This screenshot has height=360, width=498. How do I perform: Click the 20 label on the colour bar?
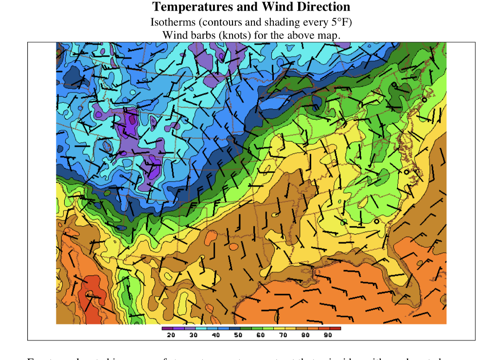click(171, 335)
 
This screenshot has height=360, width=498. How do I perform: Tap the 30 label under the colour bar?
click(193, 335)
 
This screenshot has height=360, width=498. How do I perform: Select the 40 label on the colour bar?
click(215, 335)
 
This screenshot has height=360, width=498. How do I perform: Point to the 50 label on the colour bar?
click(238, 335)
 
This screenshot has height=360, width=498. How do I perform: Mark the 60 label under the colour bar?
click(260, 335)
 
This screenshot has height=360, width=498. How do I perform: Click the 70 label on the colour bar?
click(283, 335)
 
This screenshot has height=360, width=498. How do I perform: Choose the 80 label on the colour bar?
click(305, 335)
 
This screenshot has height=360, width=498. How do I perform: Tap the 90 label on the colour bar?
click(327, 335)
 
